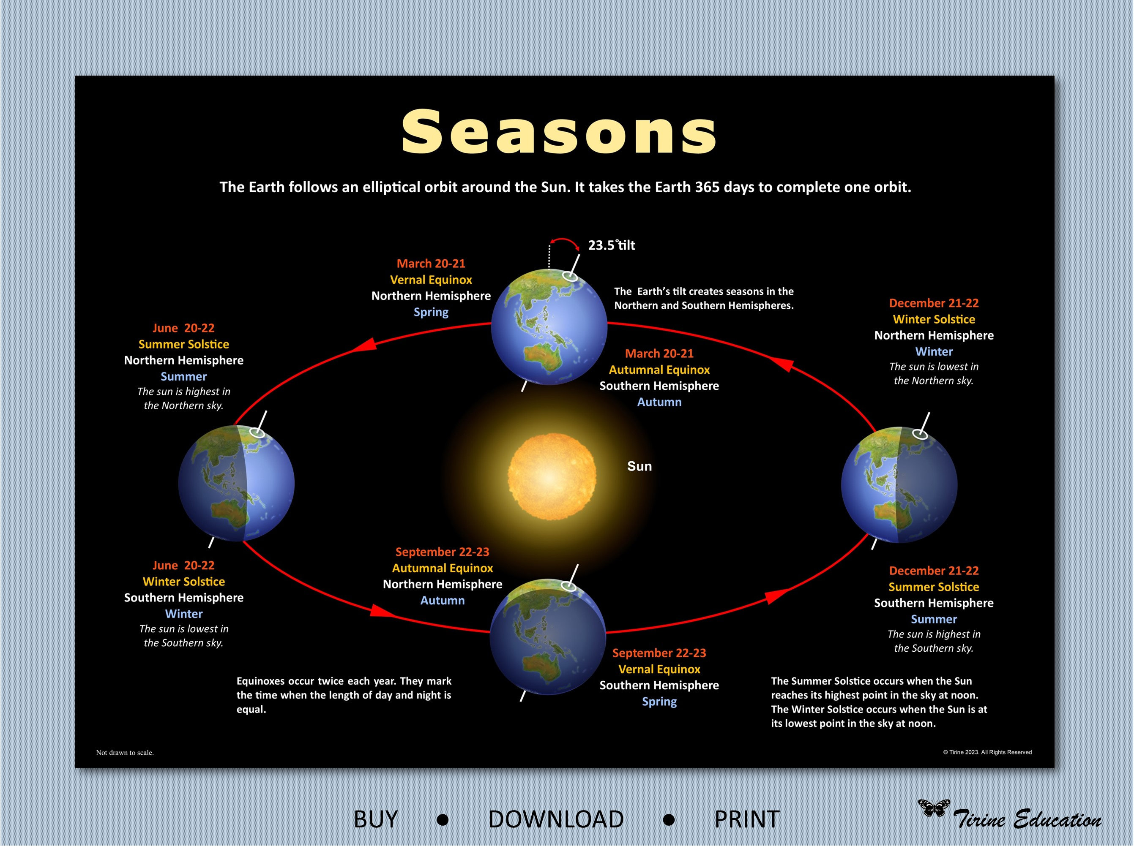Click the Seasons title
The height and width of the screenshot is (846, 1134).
click(x=558, y=132)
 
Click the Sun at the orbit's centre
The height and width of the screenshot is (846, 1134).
click(x=552, y=477)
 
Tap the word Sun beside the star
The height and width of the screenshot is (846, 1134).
click(x=639, y=466)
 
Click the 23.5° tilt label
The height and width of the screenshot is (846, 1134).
click(x=611, y=245)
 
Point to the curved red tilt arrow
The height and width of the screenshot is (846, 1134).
click(x=564, y=241)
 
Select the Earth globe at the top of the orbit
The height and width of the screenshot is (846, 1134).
click(x=549, y=327)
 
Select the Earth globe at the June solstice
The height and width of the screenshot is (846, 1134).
click(x=236, y=483)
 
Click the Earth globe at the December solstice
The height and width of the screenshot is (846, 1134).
click(x=899, y=484)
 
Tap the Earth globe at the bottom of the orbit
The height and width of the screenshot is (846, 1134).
click(x=548, y=637)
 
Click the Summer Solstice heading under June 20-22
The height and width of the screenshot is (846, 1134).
click(x=183, y=344)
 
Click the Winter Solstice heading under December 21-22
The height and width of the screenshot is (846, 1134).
click(x=933, y=319)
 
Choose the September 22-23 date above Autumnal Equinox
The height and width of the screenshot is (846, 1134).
click(x=442, y=552)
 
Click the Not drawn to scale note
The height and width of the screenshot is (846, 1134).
click(x=125, y=752)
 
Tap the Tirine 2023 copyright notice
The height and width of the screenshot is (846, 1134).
click(x=987, y=752)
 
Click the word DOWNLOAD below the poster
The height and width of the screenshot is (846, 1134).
click(x=555, y=819)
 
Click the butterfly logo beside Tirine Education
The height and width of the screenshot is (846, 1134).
click(x=933, y=808)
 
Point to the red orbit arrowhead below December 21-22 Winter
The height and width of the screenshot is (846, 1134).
click(x=782, y=365)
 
